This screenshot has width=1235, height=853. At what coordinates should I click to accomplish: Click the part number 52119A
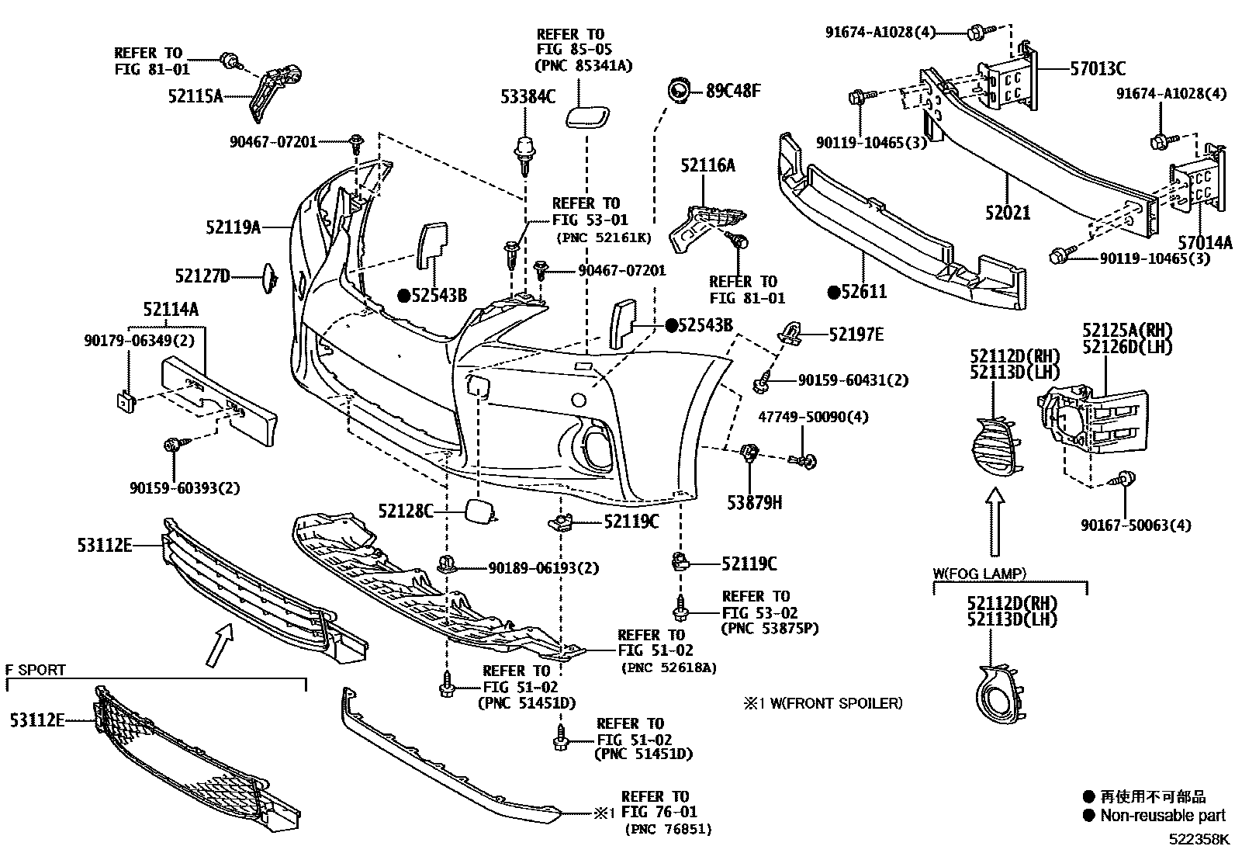point(233,227)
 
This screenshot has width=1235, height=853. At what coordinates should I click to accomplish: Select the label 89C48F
point(733,90)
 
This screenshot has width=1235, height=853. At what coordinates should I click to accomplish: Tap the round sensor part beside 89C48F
point(679,92)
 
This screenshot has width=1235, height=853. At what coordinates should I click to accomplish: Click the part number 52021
point(1008,211)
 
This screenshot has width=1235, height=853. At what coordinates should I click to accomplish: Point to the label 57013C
point(1098,68)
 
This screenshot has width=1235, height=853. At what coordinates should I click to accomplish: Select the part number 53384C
point(528,96)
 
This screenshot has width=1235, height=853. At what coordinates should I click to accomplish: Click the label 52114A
point(171,309)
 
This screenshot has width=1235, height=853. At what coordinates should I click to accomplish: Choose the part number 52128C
point(406,511)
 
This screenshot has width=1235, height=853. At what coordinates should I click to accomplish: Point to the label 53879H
point(754,503)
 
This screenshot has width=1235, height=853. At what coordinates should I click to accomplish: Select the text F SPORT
point(36,670)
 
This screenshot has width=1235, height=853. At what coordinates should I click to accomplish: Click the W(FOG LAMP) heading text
point(979,574)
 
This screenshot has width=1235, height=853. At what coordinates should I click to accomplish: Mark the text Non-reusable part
point(1163,816)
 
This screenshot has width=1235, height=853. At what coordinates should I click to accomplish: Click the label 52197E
point(856,335)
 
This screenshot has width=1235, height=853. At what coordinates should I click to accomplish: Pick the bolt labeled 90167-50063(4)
point(1126,480)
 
